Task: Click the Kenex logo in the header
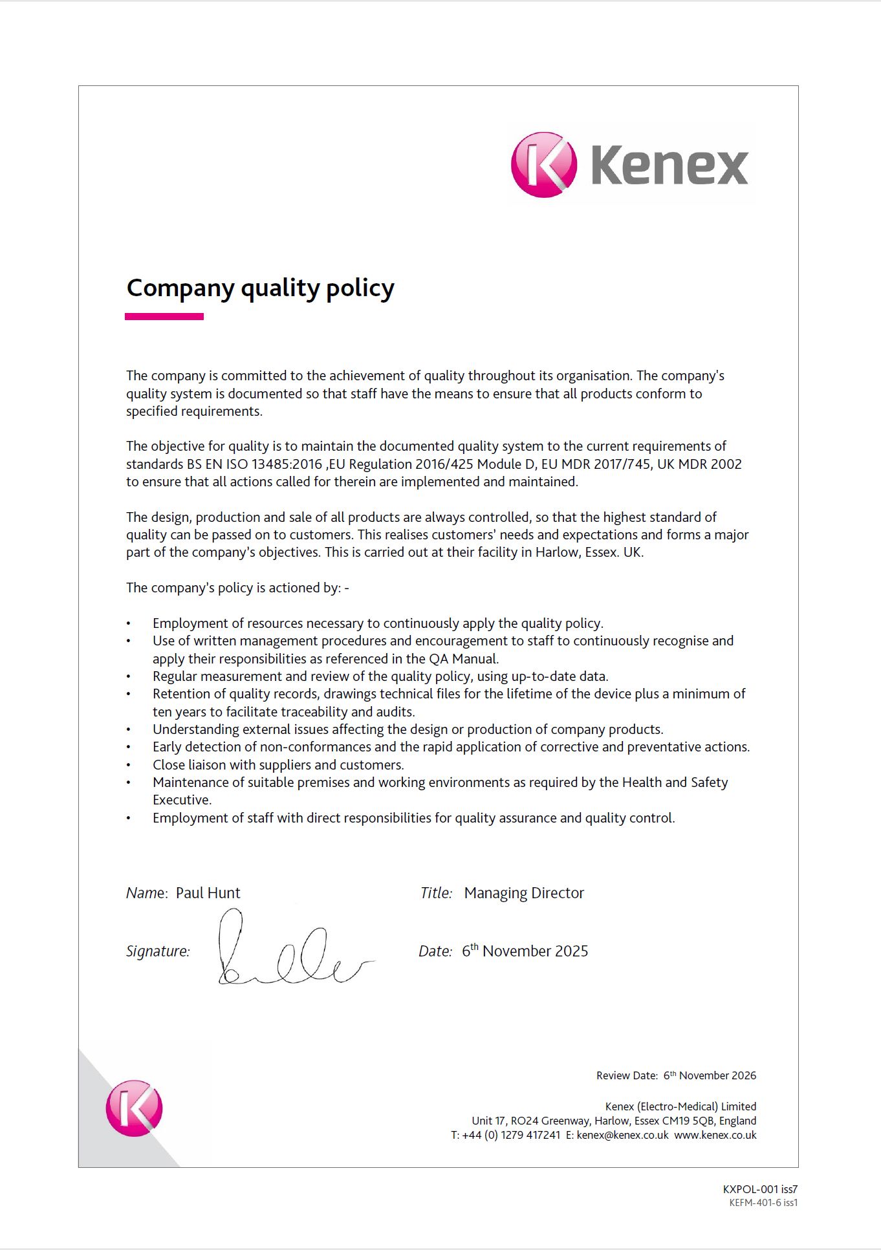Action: click(629, 165)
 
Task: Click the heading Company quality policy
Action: click(260, 288)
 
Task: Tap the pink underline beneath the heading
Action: click(164, 317)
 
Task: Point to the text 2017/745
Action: click(625, 464)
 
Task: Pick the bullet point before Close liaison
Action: click(129, 765)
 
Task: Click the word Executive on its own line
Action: click(182, 800)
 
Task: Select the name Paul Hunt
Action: click(208, 893)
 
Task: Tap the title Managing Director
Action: click(524, 893)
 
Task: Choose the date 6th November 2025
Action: click(525, 951)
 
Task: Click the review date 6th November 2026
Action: click(710, 1075)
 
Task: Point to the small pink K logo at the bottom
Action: click(134, 1108)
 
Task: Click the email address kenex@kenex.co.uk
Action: click(622, 1135)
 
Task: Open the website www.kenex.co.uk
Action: click(715, 1135)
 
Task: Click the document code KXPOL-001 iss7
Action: click(760, 1189)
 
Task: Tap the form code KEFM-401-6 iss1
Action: click(763, 1203)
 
